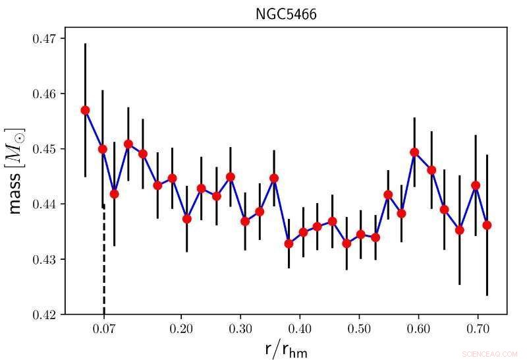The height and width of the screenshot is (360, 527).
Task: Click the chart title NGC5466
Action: click(x=286, y=15)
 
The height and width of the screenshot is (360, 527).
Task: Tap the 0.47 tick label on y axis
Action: click(x=44, y=39)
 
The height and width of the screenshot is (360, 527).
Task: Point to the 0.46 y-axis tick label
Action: click(x=44, y=94)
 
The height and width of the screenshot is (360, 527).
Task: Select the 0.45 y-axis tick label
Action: click(x=44, y=149)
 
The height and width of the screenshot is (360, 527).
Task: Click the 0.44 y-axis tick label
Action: click(x=44, y=204)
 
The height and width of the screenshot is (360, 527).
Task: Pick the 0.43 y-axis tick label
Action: click(x=44, y=260)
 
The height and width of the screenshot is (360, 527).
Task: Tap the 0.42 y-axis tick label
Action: click(x=44, y=315)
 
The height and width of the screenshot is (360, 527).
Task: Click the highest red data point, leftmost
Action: click(x=85, y=110)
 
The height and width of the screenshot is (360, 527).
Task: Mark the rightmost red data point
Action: click(x=487, y=225)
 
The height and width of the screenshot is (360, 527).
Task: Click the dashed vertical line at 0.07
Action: click(x=104, y=264)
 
